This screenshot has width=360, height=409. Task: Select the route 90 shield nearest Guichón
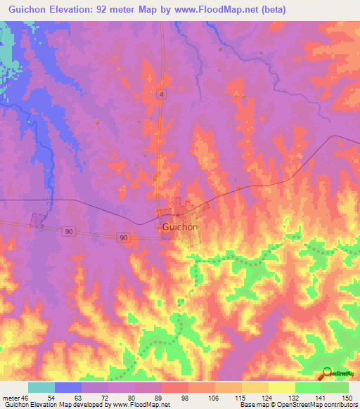124,238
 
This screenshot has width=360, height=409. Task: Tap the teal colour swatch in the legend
41,387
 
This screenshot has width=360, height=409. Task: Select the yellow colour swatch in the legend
281,387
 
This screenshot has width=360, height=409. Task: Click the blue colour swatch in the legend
68,387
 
